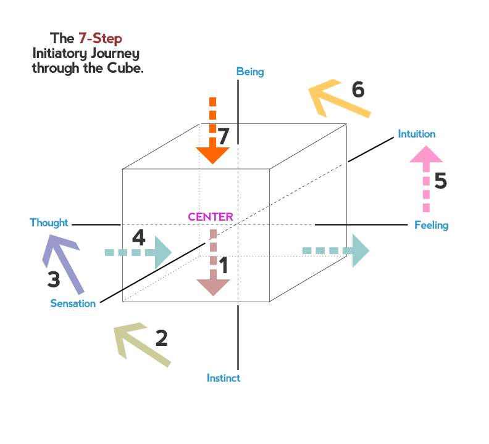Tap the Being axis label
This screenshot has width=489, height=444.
tap(250, 72)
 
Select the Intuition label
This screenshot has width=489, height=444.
tap(417, 134)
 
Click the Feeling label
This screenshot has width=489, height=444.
tap(431, 225)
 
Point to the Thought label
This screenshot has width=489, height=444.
tap(49, 223)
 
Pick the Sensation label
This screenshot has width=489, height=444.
tap(73, 303)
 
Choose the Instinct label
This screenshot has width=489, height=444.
tap(224, 378)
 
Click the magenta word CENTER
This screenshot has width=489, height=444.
tap(211, 217)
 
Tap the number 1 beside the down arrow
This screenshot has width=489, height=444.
tap(224, 266)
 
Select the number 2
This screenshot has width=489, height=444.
tap(161, 338)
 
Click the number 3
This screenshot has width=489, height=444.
tap(54, 280)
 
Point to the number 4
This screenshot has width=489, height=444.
tap(139, 237)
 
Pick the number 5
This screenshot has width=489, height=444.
tap(440, 181)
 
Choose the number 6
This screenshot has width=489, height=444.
tap(358, 90)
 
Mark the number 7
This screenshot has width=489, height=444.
tap(224, 137)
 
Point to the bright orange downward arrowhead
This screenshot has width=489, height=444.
tap(213, 155)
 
